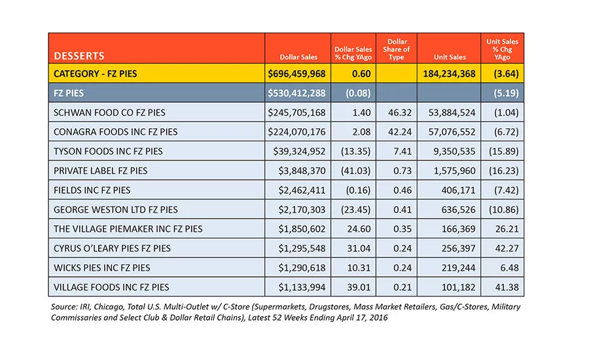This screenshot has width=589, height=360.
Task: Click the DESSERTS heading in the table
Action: pyautogui.click(x=79, y=56)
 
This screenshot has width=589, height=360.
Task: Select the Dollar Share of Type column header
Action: pyautogui.click(x=397, y=49)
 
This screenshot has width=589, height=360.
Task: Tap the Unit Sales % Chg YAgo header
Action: pyautogui.click(x=502, y=49)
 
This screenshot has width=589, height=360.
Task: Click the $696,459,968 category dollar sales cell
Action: pyautogui.click(x=296, y=74)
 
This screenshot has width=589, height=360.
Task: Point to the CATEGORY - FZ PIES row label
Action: pyautogui.click(x=96, y=74)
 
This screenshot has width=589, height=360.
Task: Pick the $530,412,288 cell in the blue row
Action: pyautogui.click(x=296, y=93)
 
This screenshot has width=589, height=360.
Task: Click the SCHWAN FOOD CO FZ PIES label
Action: pyautogui.click(x=109, y=113)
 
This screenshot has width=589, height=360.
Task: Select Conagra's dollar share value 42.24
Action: pyautogui.click(x=400, y=132)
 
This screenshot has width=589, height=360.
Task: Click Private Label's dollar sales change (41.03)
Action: pyautogui.click(x=356, y=171)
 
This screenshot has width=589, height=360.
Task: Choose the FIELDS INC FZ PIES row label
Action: pyautogui.click(x=92, y=190)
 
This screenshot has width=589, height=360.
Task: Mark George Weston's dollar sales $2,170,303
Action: pyautogui.click(x=302, y=209)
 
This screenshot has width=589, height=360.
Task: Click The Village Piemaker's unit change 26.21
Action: pyautogui.click(x=507, y=229)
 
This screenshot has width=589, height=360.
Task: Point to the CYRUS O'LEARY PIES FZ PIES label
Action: pyautogui.click(x=112, y=248)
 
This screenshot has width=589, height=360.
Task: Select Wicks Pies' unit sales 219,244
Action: pyautogui.click(x=458, y=268)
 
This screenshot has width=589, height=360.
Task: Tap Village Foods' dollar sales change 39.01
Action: pyautogui.click(x=359, y=287)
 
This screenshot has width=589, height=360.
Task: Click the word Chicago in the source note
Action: pyautogui.click(x=109, y=307)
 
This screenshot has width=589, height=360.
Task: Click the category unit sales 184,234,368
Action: pyautogui.click(x=449, y=74)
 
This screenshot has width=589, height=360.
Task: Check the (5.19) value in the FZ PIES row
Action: pyautogui.click(x=506, y=93)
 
